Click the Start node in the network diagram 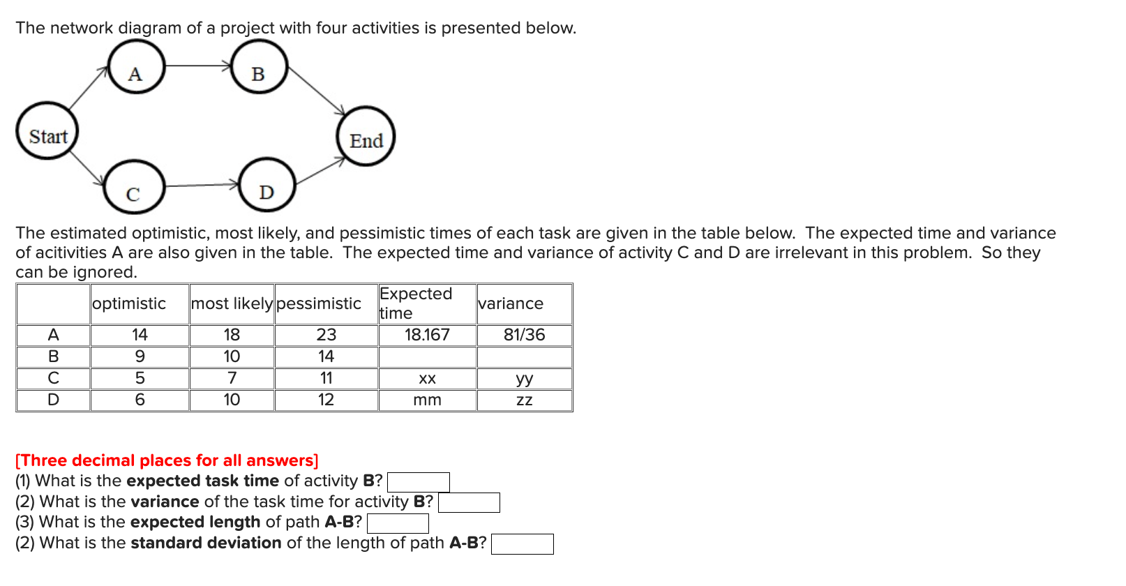tap(47, 131)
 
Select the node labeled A tap(135, 67)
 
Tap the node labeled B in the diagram tap(259, 67)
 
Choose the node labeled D tap(267, 185)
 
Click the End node tap(366, 137)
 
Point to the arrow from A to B tap(198, 66)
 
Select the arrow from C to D tap(202, 186)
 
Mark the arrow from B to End tap(317, 90)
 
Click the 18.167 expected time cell tap(427, 335)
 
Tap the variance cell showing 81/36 tap(525, 335)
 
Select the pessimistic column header tap(319, 303)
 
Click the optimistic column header tap(129, 303)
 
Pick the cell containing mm tap(427, 400)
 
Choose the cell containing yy tap(525, 379)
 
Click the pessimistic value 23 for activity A tap(326, 335)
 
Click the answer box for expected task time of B tap(419, 482)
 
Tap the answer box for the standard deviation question tap(523, 544)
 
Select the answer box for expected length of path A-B tap(398, 523)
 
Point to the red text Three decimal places tap(167, 460)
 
